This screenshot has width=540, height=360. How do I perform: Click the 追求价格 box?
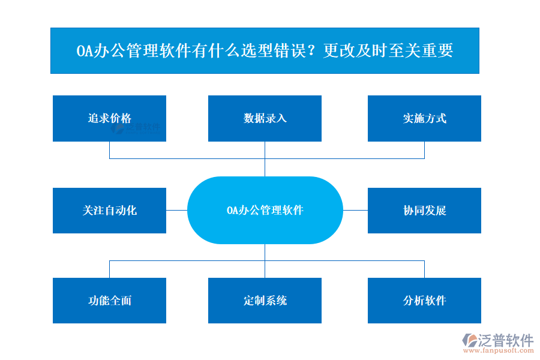(109, 118)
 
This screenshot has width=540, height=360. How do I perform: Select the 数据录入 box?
(265, 118)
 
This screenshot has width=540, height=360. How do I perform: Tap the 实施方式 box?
(424, 118)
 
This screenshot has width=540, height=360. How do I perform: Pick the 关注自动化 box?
(109, 211)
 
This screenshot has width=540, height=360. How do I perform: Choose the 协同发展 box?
(424, 211)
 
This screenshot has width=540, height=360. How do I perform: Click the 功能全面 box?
(109, 301)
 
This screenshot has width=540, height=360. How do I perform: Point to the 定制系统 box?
(265, 301)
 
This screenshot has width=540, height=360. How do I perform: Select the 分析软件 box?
(424, 301)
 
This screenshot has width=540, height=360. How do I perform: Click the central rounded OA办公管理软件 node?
(265, 210)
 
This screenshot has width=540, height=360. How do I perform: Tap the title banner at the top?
(265, 50)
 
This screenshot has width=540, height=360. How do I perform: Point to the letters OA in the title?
(85, 51)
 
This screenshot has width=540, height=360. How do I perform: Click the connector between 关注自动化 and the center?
(176, 210)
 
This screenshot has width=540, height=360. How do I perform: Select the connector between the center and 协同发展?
(355, 210)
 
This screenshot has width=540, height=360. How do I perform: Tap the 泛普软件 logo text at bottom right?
(505, 341)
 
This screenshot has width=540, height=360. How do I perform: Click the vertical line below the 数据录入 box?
(265, 158)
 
